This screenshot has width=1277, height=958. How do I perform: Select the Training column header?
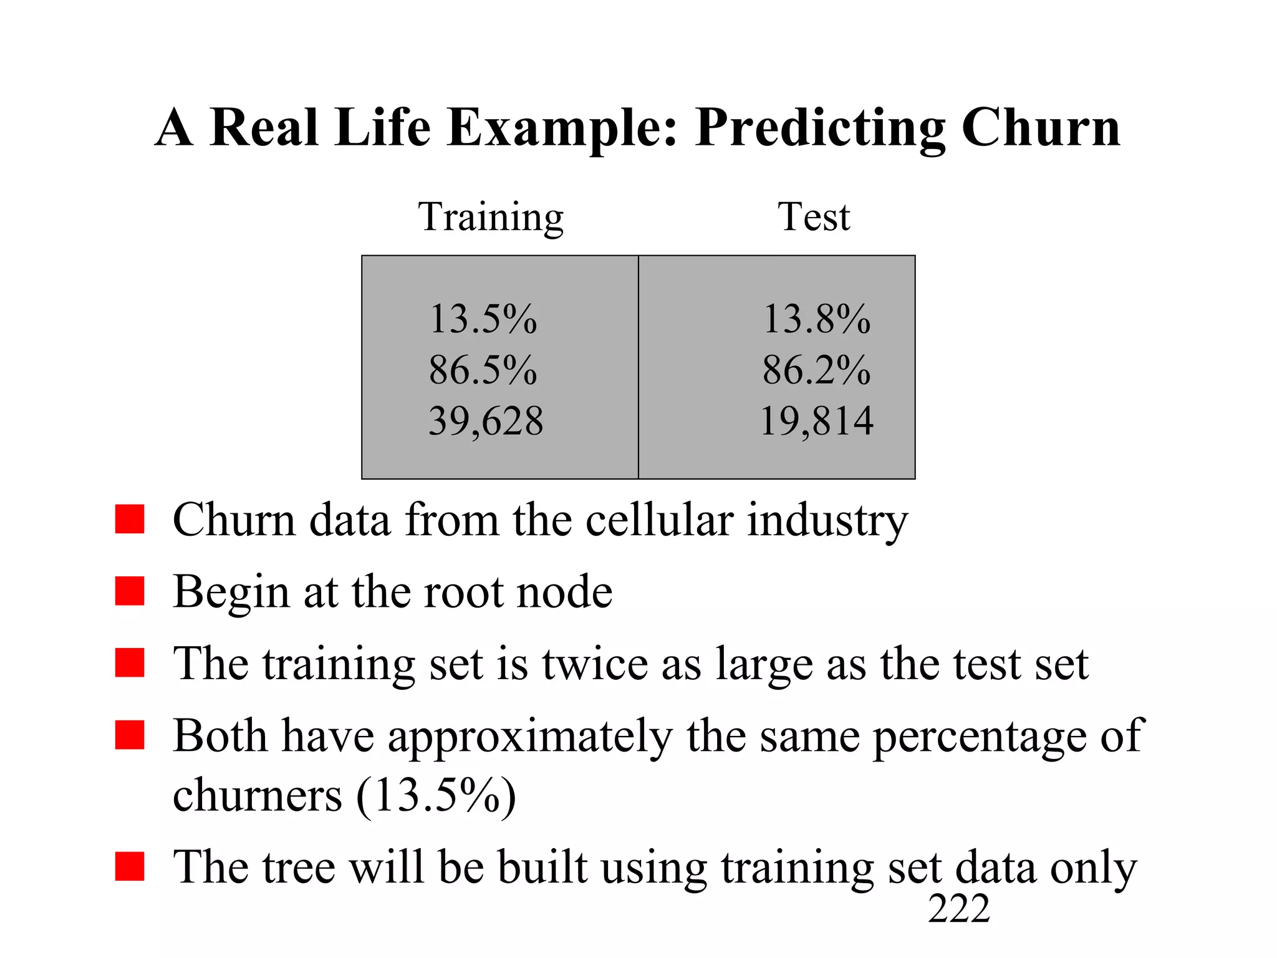pos(491,218)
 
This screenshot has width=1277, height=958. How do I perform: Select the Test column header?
pos(814,217)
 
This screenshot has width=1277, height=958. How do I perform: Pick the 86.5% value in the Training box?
pos(483,370)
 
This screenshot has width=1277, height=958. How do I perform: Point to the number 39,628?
pos(486,421)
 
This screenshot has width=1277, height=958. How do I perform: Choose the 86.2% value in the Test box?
pos(816,370)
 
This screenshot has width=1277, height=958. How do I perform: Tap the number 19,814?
pos(816,421)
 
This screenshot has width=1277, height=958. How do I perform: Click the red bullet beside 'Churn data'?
pos(130,519)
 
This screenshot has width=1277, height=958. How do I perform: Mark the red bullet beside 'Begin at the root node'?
pos(130,591)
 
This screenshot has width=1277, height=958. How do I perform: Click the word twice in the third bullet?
pos(595,663)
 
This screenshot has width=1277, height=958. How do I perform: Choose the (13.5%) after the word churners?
pos(436,796)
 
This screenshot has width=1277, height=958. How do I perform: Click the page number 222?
pos(958,909)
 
